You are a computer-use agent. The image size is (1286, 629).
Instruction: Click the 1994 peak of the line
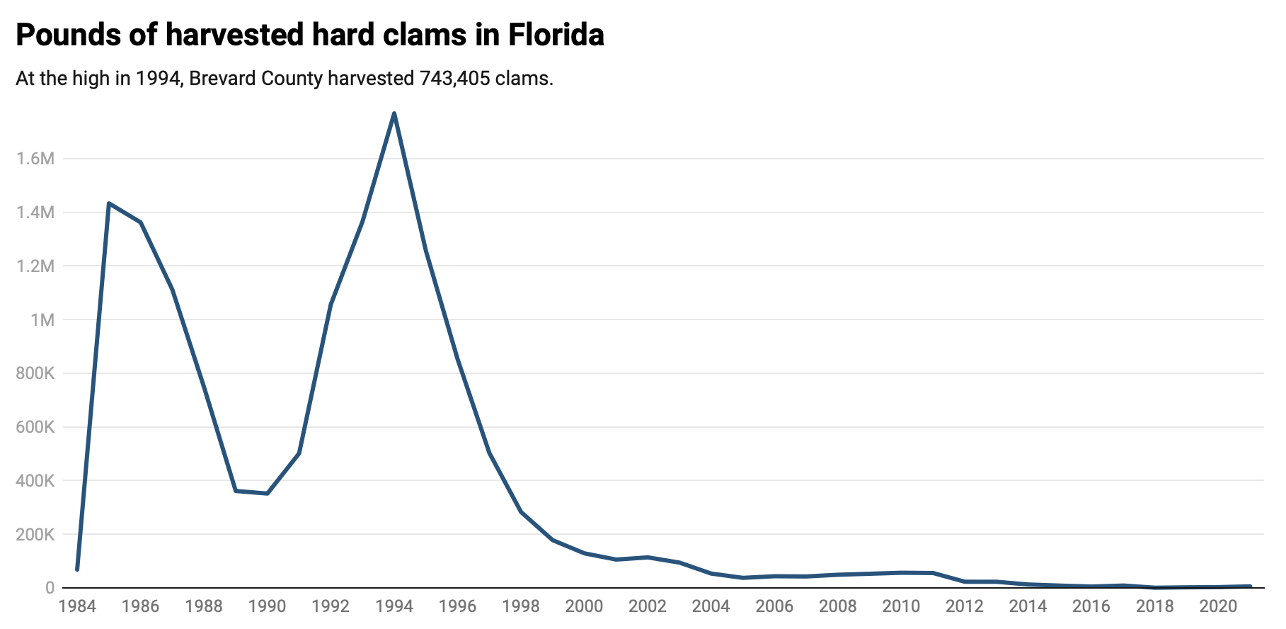pyautogui.click(x=394, y=113)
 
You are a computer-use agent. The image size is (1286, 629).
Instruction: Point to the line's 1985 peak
pyautogui.click(x=109, y=203)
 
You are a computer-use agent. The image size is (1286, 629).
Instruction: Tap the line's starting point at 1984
pyautogui.click(x=77, y=569)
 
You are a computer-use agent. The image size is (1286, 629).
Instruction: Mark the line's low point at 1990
pyautogui.click(x=267, y=494)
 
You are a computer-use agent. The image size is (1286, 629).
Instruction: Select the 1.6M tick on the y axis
pyautogui.click(x=35, y=159)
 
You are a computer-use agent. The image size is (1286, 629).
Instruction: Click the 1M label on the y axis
pyautogui.click(x=42, y=320)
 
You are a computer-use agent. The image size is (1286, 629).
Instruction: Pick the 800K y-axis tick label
pyautogui.click(x=35, y=373)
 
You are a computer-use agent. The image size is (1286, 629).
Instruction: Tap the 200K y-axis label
pyautogui.click(x=35, y=535)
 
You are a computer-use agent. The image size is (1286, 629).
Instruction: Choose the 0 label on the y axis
pyautogui.click(x=50, y=588)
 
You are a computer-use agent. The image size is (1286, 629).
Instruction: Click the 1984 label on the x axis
pyautogui.click(x=77, y=607)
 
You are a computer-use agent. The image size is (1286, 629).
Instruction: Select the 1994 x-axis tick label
pyautogui.click(x=394, y=607)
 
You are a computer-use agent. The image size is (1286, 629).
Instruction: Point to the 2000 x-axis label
pyautogui.click(x=585, y=607)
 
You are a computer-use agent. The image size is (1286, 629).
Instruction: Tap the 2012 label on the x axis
pyautogui.click(x=965, y=607)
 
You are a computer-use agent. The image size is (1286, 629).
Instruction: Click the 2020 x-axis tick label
pyautogui.click(x=1218, y=607)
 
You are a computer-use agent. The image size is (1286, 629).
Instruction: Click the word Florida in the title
pyautogui.click(x=556, y=35)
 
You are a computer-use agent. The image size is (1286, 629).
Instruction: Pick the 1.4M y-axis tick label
pyautogui.click(x=35, y=212)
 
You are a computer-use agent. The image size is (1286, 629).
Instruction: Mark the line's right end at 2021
pyautogui.click(x=1250, y=586)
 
